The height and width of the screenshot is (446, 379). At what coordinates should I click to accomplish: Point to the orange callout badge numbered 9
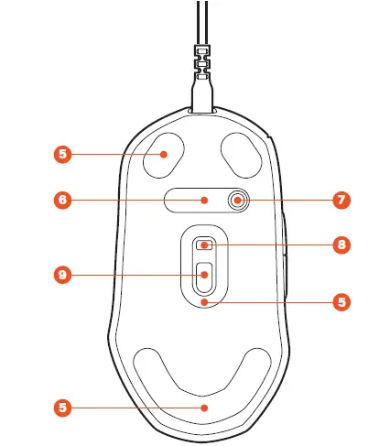(x=60, y=274)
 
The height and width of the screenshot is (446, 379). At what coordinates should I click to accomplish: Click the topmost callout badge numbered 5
(x=60, y=155)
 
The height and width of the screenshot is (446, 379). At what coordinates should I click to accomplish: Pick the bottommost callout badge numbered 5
(x=60, y=406)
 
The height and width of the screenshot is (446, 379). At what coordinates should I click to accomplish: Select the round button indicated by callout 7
(x=238, y=201)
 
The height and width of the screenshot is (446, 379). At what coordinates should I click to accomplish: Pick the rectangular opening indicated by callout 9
(x=203, y=272)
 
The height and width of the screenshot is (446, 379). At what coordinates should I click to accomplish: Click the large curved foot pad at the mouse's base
(x=203, y=389)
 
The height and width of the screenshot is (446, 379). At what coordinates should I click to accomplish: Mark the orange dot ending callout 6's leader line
(x=205, y=200)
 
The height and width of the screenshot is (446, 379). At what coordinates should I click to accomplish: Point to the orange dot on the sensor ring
(x=205, y=299)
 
